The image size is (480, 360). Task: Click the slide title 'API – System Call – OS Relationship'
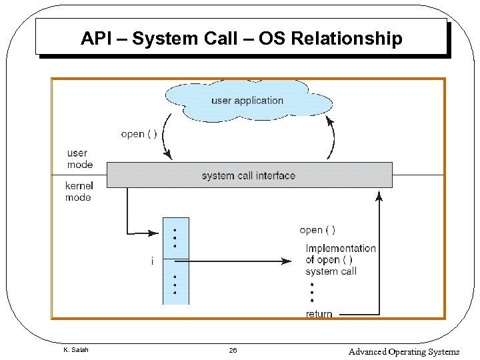(x=241, y=39)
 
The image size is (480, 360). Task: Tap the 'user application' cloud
(x=247, y=101)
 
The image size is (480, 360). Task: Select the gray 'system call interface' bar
(x=249, y=176)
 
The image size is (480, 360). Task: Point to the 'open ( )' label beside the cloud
(x=139, y=134)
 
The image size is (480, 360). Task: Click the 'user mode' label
(x=79, y=159)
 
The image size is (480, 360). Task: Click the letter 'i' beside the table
(x=152, y=261)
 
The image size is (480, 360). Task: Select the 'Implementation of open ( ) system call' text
(x=340, y=259)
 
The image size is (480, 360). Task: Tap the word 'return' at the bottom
(x=319, y=314)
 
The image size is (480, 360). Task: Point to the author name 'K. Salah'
(x=75, y=350)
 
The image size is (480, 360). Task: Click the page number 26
(x=233, y=351)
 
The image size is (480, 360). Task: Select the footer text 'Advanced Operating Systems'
(x=404, y=351)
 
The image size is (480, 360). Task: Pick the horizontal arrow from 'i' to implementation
(x=233, y=261)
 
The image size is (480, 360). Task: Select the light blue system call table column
(x=176, y=261)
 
